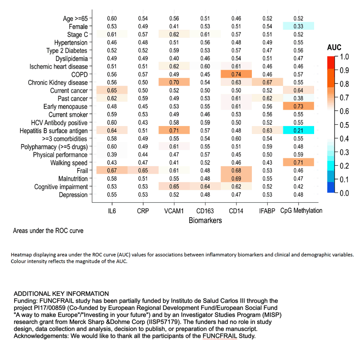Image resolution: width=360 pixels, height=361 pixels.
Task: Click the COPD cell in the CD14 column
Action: [x=236, y=74]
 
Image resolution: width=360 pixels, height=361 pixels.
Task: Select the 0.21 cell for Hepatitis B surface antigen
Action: [x=299, y=130]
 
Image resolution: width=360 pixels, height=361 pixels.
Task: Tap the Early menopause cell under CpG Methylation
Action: [x=299, y=106]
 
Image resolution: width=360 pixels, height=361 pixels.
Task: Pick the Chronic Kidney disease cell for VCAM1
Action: [x=174, y=82]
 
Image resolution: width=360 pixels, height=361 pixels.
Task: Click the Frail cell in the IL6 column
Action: [x=112, y=171]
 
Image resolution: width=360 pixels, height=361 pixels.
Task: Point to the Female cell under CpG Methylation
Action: [x=299, y=26]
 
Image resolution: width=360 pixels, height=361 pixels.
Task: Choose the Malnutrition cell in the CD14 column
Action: [x=236, y=179]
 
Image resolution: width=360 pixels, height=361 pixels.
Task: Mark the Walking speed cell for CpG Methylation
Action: [x=299, y=162]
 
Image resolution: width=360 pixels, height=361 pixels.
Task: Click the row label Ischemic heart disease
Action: [x=59, y=67]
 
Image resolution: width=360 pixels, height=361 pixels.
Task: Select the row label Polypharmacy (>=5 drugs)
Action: [x=54, y=147]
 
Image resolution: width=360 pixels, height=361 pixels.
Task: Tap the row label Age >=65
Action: [x=75, y=19]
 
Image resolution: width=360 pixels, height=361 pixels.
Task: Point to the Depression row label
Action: [x=73, y=195]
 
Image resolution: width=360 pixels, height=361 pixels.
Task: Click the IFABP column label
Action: [x=267, y=211]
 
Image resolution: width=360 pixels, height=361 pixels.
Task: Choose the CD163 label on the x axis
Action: [x=205, y=211]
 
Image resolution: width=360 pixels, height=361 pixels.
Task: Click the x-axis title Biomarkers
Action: [x=205, y=220]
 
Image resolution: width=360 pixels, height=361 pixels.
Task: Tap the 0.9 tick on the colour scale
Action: [x=344, y=70]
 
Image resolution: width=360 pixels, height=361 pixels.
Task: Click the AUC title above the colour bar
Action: [x=334, y=48]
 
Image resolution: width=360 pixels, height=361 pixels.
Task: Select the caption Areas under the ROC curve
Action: [x=48, y=231]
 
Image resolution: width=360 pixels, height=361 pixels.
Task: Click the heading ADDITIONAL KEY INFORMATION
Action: [x=61, y=294]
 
